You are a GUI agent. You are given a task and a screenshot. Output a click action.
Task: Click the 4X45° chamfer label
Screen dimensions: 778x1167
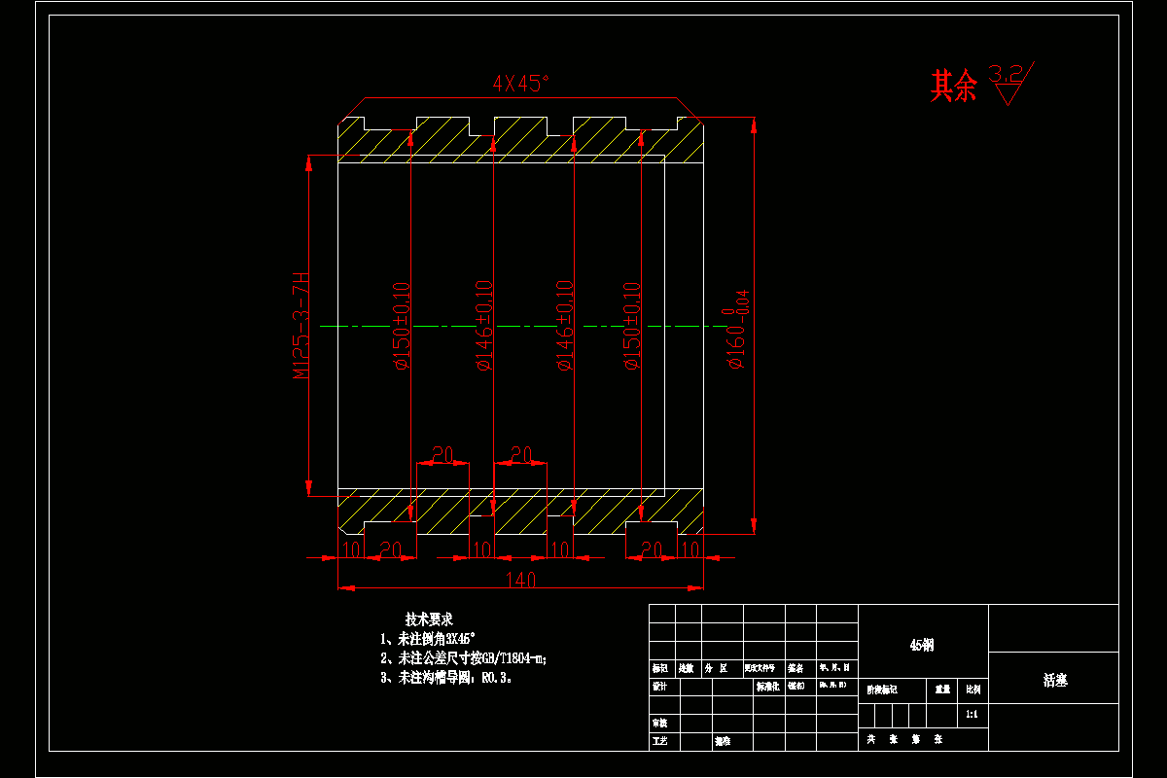click(521, 84)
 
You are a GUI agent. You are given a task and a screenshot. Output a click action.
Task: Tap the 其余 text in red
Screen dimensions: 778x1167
click(953, 87)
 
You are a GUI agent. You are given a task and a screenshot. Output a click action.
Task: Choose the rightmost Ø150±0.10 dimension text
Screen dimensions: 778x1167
click(631, 326)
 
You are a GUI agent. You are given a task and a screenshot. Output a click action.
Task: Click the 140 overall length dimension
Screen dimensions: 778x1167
click(521, 580)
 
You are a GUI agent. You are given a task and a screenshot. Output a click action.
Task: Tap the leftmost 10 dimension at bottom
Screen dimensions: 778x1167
click(351, 550)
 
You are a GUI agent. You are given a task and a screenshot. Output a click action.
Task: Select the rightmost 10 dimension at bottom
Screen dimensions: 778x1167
click(690, 550)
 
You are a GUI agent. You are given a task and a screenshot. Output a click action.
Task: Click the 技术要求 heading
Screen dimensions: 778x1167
click(429, 619)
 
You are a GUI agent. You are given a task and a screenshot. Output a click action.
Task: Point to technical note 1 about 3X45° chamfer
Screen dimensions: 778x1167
click(429, 639)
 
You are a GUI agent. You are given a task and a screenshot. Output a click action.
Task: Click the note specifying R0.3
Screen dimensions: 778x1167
click(446, 678)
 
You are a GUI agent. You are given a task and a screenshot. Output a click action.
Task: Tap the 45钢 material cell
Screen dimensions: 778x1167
click(922, 646)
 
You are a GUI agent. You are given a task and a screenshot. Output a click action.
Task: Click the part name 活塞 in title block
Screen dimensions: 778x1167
click(1054, 681)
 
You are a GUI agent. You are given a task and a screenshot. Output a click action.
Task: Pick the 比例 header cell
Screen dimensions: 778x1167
click(972, 689)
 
